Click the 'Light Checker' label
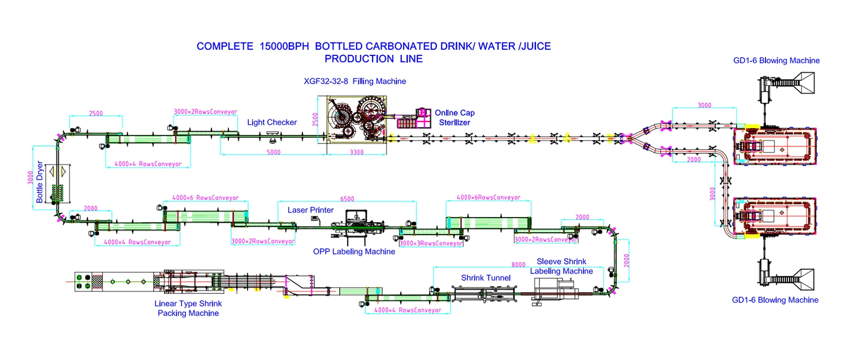[272, 122]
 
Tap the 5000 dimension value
[274, 151]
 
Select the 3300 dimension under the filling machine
[357, 151]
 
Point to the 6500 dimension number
[348, 199]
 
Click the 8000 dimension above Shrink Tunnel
[518, 264]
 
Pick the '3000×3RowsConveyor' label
[431, 244]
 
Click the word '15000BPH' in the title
[284, 46]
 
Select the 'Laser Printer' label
[310, 210]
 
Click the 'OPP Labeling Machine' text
[354, 251]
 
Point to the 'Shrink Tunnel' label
[486, 277]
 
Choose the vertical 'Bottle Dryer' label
[40, 183]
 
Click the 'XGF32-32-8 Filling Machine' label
[355, 81]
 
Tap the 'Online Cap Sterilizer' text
[454, 118]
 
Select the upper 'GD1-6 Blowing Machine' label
[776, 60]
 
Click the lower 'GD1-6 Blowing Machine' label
[775, 300]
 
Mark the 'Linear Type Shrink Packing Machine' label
[188, 308]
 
